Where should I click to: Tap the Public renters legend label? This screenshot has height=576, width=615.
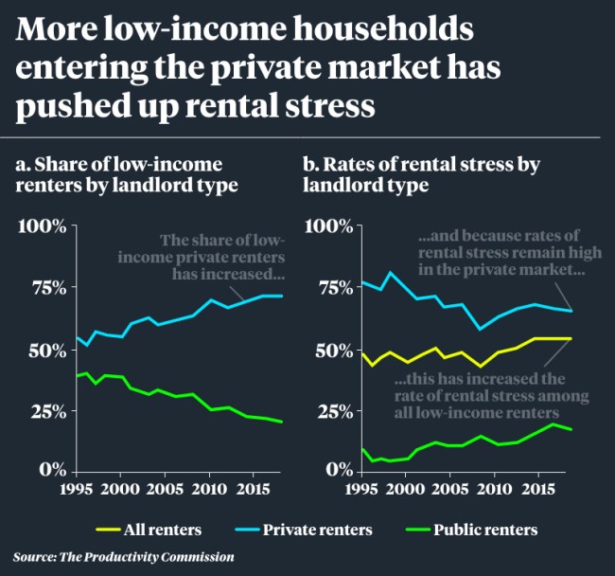tap(489, 529)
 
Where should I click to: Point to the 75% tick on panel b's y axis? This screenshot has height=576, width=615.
tap(326, 288)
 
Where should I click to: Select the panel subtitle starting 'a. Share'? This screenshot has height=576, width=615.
tap(127, 174)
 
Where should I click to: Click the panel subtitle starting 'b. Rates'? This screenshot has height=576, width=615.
tap(421, 174)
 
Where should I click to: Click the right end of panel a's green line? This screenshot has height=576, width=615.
tap(282, 422)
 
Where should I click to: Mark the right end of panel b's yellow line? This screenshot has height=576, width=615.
tap(571, 338)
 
